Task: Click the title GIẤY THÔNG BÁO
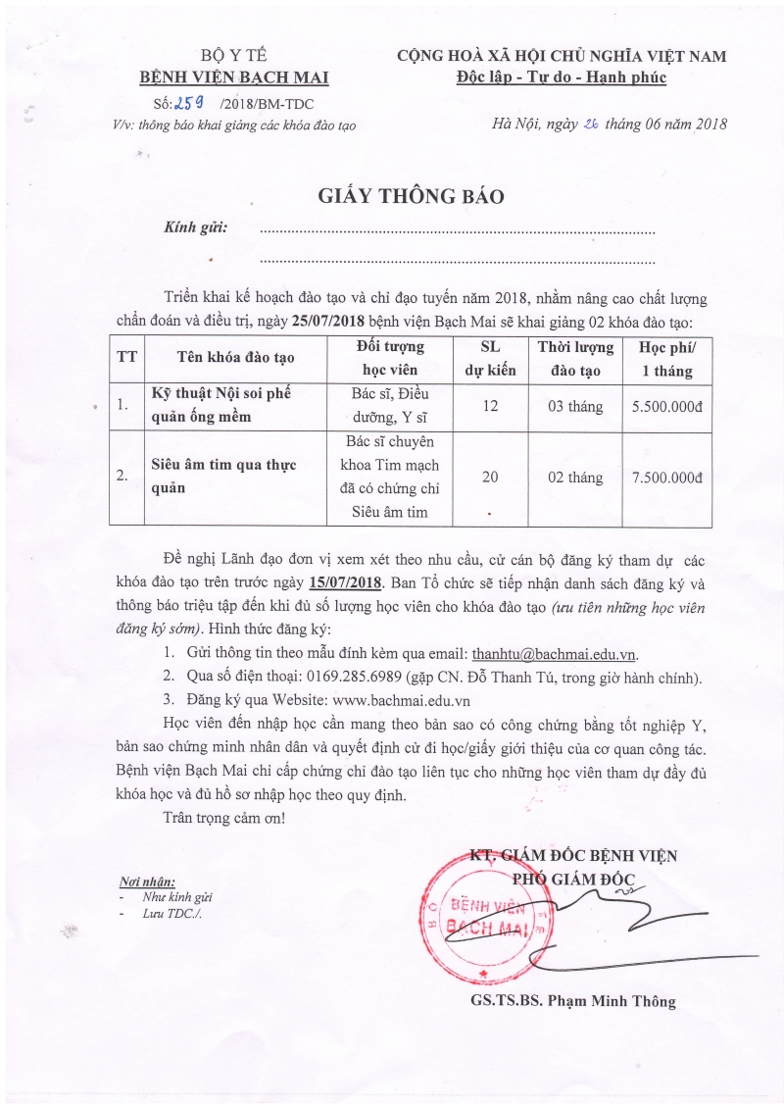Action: [x=411, y=196]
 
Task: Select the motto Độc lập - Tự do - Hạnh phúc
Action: [x=561, y=76]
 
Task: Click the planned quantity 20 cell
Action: [x=493, y=477]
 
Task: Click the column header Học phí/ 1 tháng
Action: [x=665, y=359]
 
